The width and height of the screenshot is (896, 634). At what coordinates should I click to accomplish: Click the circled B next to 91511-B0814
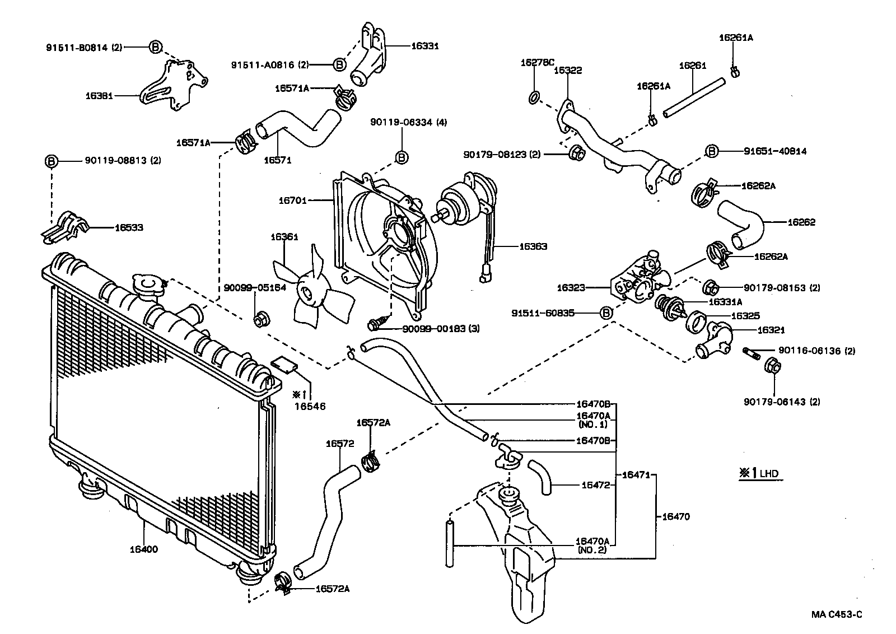point(156,47)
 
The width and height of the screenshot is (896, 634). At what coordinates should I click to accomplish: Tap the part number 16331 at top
point(425,46)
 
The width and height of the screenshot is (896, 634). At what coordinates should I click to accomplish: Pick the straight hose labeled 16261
point(693,99)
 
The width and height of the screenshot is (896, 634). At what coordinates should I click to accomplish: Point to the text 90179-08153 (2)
point(782,288)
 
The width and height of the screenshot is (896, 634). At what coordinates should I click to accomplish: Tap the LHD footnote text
point(760,474)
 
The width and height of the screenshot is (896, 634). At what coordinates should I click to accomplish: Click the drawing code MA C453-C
point(837,614)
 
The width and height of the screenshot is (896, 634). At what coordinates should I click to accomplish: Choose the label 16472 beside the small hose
point(595,485)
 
